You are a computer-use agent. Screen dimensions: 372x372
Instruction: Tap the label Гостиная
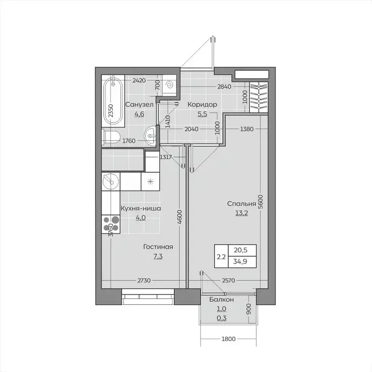pyautogui.click(x=158, y=247)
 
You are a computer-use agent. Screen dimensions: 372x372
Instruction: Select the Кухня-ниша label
pyautogui.click(x=141, y=208)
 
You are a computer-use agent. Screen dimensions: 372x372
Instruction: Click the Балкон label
pyautogui.click(x=221, y=300)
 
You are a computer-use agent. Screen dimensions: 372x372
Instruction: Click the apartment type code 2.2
pyautogui.click(x=221, y=257)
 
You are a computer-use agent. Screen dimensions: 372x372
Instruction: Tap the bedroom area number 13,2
pyautogui.click(x=241, y=214)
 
